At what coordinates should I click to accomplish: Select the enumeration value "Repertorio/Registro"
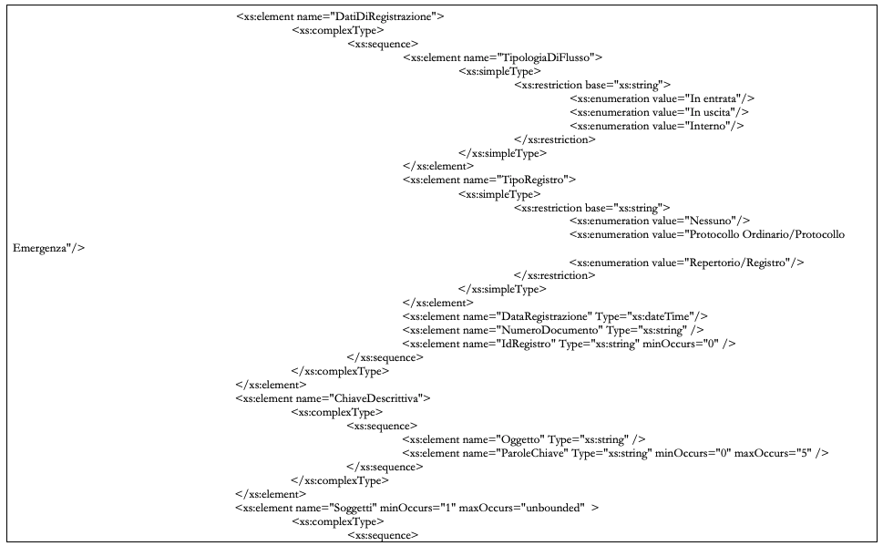tap(741, 263)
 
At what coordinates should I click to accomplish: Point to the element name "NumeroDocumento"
tap(548, 330)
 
